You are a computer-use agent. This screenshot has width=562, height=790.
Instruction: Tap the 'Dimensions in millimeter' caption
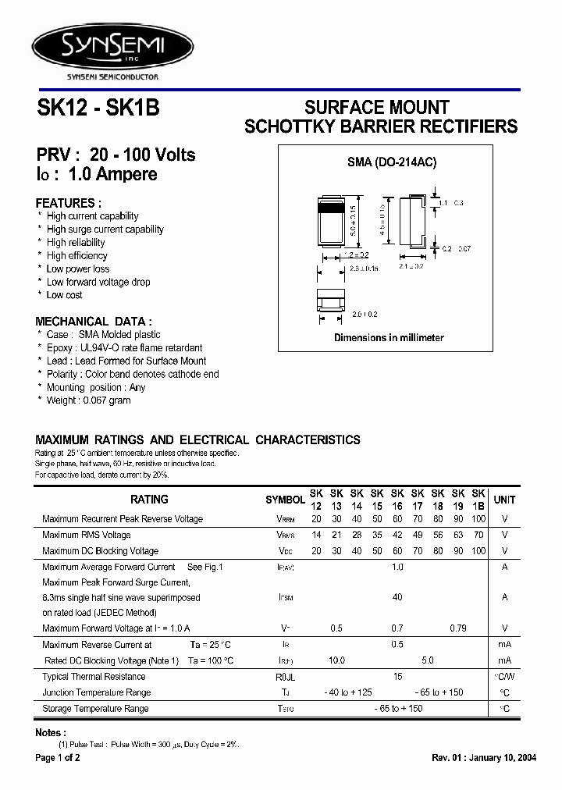[x=389, y=337]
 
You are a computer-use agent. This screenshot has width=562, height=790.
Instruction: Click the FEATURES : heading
[x=69, y=201]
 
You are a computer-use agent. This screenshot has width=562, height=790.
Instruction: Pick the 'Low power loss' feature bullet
[x=78, y=269]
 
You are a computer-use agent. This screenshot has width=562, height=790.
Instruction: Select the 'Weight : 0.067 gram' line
[x=88, y=400]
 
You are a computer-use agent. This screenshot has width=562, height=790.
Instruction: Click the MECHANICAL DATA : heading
[x=94, y=321]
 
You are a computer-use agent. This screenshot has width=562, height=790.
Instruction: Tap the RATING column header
[x=149, y=500]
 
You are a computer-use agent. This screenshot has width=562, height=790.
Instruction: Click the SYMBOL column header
[x=285, y=500]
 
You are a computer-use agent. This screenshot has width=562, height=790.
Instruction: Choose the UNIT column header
[x=504, y=500]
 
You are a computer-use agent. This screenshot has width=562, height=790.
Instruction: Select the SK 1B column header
[x=478, y=500]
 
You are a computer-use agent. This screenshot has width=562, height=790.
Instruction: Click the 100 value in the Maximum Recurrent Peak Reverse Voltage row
[x=478, y=519]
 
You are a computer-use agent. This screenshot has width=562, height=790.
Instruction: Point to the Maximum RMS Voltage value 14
[x=316, y=535]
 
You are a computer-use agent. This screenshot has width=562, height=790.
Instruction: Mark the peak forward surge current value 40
[x=397, y=597]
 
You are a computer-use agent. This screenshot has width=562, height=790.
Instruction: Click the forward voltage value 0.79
[x=458, y=628]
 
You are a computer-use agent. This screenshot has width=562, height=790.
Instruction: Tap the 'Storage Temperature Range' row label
[x=95, y=709]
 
